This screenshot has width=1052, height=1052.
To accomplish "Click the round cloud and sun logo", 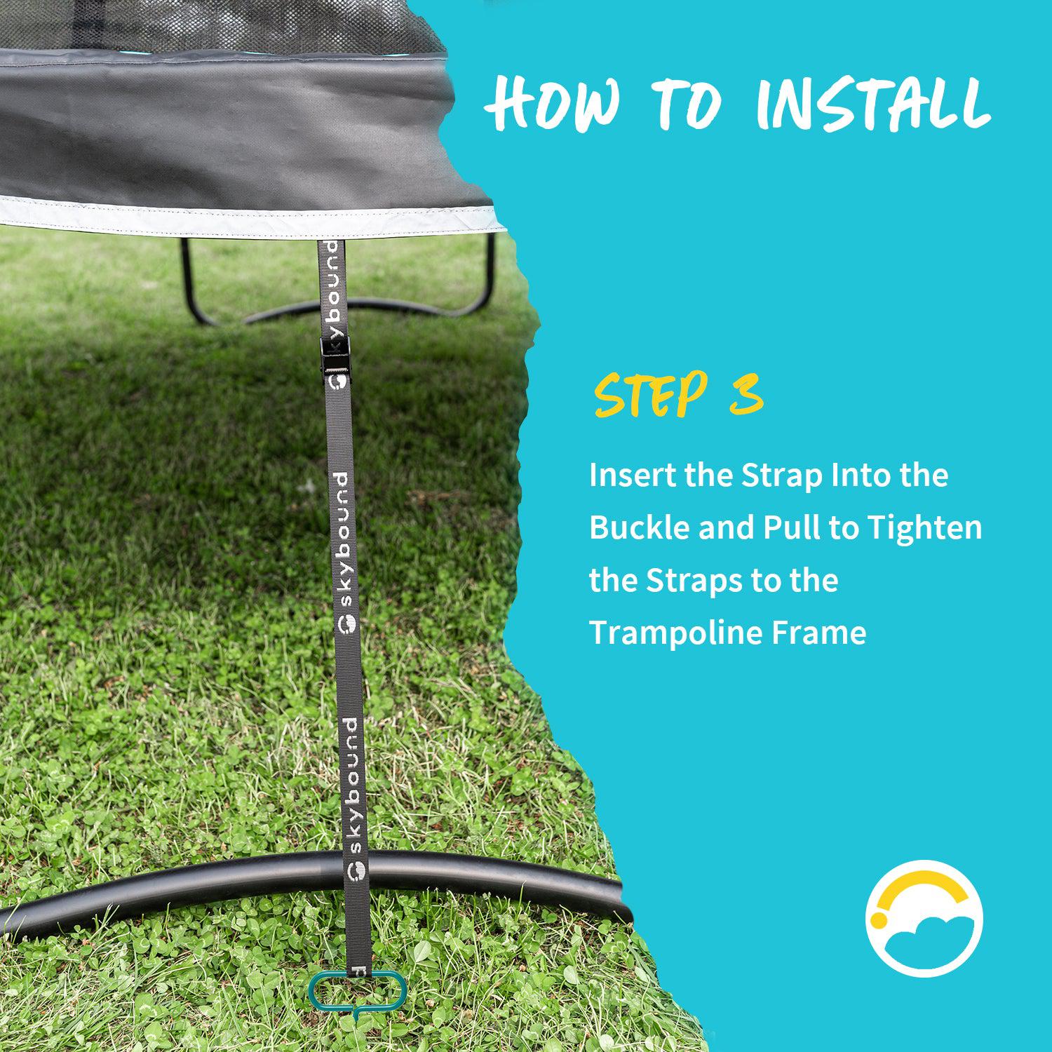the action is (x=924, y=918).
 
